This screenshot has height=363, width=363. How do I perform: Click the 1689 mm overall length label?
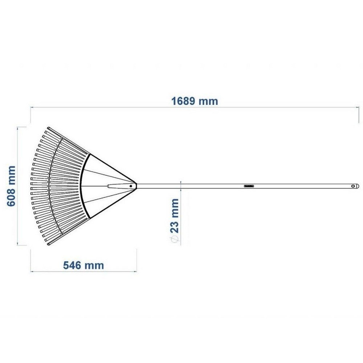coord(195,101)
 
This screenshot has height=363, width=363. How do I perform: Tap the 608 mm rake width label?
coord(11,186)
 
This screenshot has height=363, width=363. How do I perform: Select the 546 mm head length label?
coord(83,265)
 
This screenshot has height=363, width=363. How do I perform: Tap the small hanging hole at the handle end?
coord(352,186)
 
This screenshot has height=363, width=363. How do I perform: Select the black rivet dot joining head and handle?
coord(131,186)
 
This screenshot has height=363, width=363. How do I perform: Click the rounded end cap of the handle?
coord(358,186)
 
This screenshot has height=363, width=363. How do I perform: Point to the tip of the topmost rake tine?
coord(48,127)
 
